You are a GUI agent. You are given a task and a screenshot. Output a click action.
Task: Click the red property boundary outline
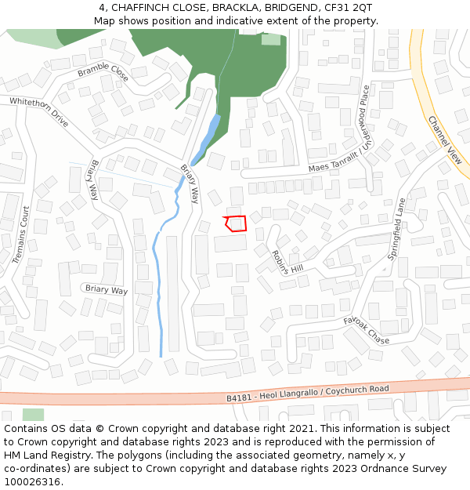(x=236, y=223)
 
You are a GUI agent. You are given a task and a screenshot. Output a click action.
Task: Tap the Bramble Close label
(x=103, y=73)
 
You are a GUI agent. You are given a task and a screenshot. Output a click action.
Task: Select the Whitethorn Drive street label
(x=39, y=107)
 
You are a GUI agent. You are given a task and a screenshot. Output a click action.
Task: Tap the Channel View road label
(x=445, y=140)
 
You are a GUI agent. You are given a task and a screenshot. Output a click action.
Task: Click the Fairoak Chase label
(x=366, y=330)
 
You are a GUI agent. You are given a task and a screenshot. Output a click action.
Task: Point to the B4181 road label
(x=240, y=397)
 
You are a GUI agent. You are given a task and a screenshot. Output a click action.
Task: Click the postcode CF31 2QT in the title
(x=349, y=8)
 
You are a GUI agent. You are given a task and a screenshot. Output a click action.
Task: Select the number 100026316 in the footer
(x=33, y=481)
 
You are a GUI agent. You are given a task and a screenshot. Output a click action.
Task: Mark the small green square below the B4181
(x=33, y=415)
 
